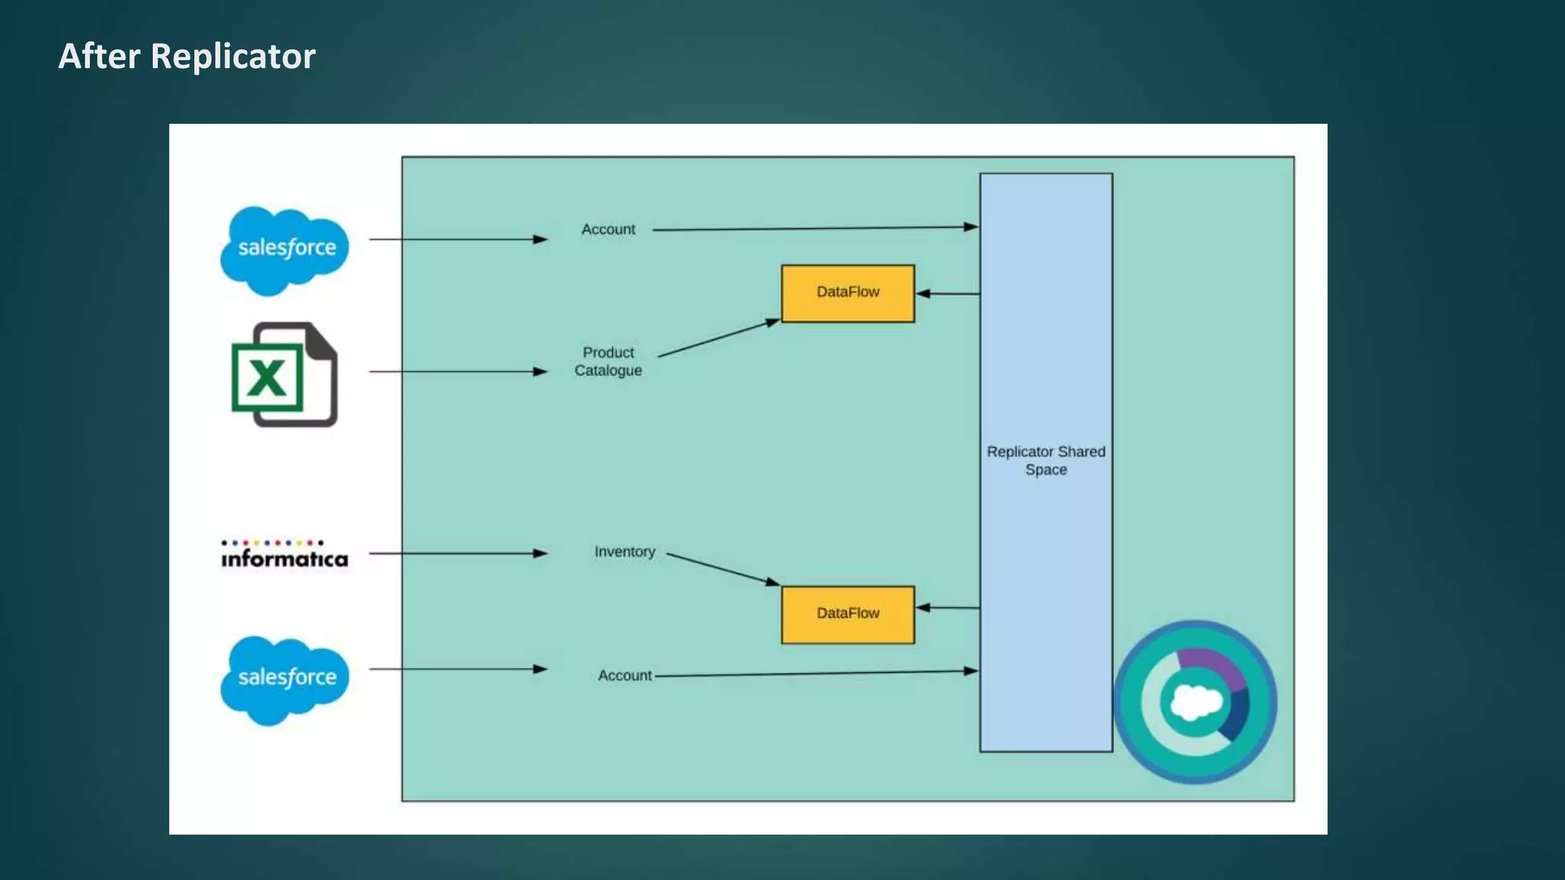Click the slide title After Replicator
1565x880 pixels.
tap(186, 57)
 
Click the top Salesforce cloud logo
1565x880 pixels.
tap(285, 249)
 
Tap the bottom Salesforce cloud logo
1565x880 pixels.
tap(285, 679)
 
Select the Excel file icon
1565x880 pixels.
tap(284, 374)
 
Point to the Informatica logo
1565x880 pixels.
tap(284, 555)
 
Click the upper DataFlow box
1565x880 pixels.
tap(847, 293)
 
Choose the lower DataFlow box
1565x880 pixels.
tap(847, 614)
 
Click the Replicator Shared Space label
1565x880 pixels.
tap(1045, 461)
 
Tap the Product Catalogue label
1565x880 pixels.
tap(608, 361)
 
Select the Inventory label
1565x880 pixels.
tap(624, 552)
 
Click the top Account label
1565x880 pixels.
tap(608, 229)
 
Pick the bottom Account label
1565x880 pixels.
tap(624, 675)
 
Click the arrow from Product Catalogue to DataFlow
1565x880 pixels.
tap(718, 338)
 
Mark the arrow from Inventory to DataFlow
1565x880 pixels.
tap(722, 569)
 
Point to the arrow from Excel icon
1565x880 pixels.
tap(458, 371)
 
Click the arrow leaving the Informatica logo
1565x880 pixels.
tap(458, 553)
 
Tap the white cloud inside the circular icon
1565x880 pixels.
tap(1195, 702)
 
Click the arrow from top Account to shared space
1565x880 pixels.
tap(815, 228)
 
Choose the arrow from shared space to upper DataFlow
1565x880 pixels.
tap(948, 293)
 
